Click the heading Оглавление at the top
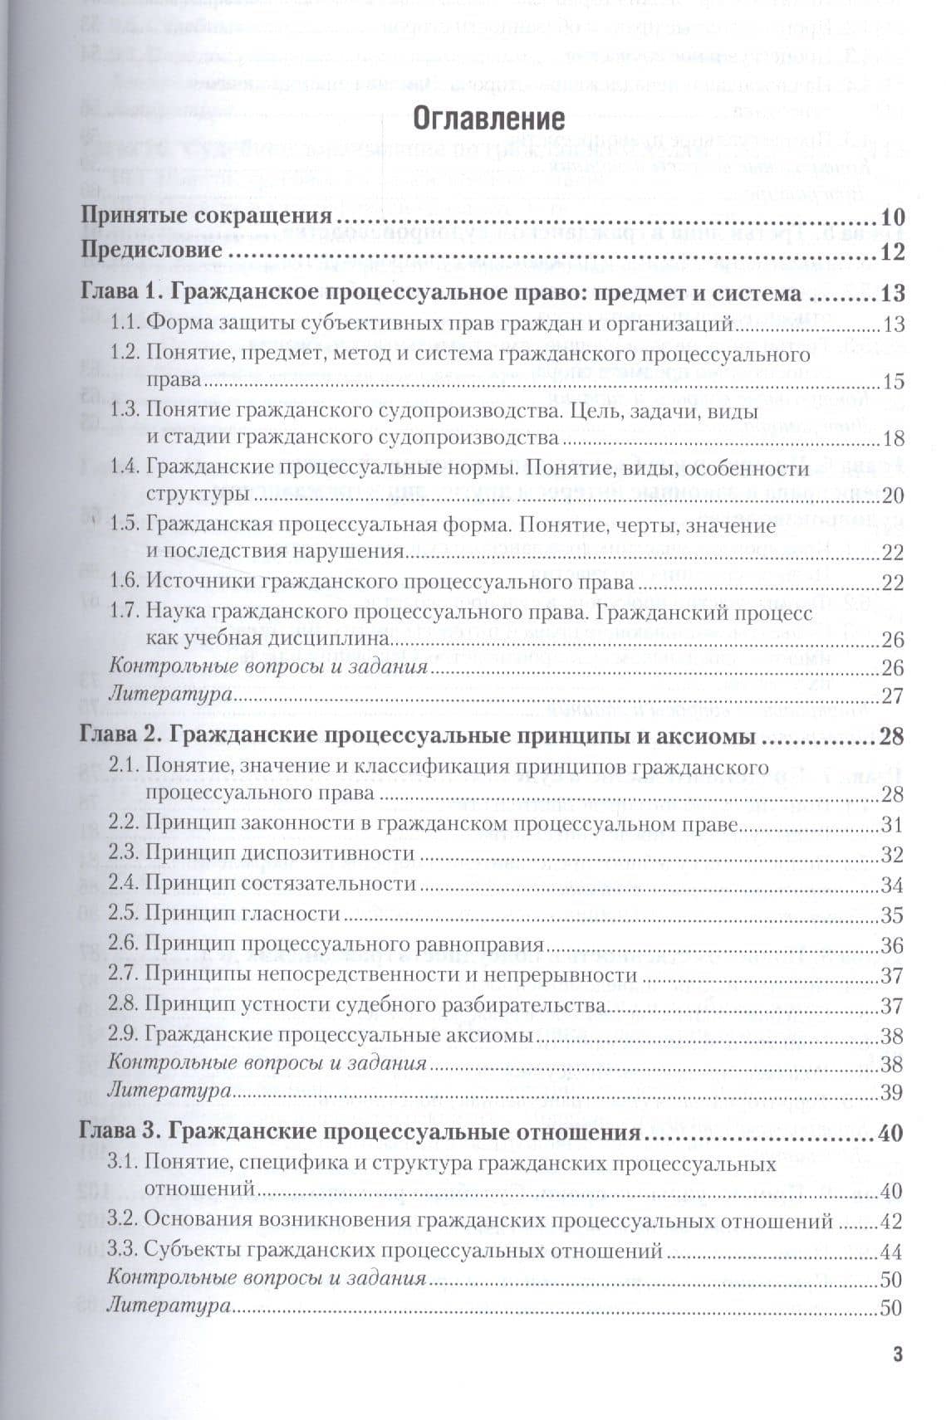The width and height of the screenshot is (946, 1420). pos(489,119)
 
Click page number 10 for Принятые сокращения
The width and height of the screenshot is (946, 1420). pos(892,218)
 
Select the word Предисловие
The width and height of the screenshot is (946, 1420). pos(151,250)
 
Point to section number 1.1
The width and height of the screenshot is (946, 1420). pos(125,324)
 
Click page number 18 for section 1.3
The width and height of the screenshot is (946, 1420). pos(893,439)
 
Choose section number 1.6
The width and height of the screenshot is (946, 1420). pos(125,582)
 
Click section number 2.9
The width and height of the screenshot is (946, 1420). pos(124,1035)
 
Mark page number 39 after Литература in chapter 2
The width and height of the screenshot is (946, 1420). pos(892,1093)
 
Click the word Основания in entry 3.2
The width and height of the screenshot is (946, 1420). pos(198,1222)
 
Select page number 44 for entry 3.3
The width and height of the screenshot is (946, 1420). pos(892,1252)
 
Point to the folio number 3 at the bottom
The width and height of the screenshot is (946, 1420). pos(897,1354)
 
